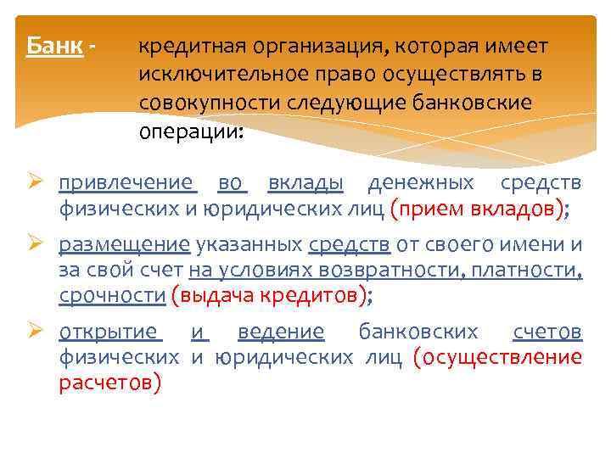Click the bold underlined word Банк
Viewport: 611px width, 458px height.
click(x=54, y=46)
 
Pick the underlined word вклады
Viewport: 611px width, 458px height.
click(x=305, y=182)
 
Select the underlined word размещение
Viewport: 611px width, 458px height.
click(x=125, y=245)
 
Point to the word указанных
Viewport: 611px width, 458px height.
click(x=249, y=245)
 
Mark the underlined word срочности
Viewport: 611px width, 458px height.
click(x=112, y=296)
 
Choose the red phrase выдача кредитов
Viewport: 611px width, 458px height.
click(x=270, y=296)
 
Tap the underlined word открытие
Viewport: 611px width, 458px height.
click(x=109, y=332)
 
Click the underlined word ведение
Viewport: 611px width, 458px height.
click(x=281, y=332)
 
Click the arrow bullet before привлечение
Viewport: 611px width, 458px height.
click(x=36, y=182)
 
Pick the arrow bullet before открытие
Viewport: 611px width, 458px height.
click(x=36, y=332)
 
